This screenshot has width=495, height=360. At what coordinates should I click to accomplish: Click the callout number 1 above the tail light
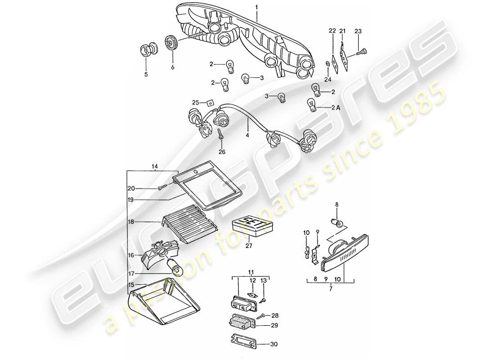pyautogui.click(x=256, y=8)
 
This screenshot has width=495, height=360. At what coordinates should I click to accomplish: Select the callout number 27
pyautogui.click(x=249, y=246)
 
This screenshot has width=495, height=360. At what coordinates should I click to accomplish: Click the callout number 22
pyautogui.click(x=332, y=31)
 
